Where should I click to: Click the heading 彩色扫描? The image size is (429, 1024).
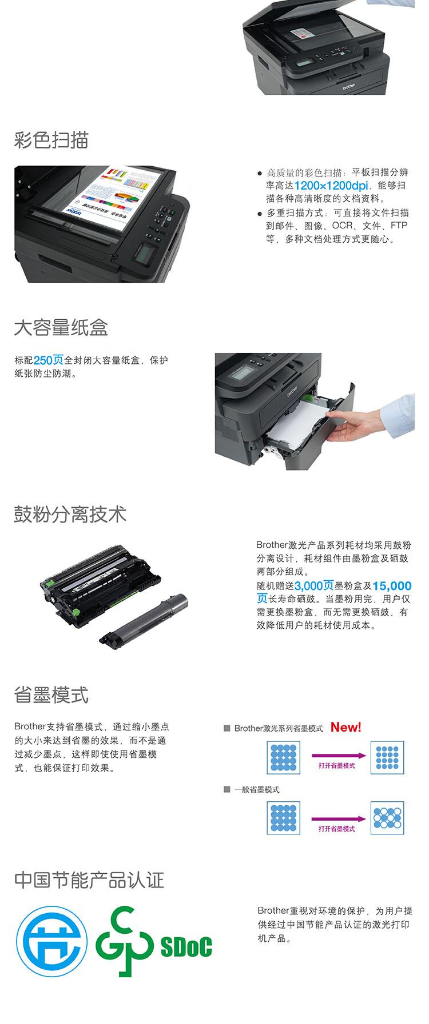point(51,140)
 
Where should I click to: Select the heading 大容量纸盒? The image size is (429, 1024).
point(61,328)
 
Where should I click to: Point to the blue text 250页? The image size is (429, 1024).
point(49,360)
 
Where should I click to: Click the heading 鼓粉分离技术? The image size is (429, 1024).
point(70,515)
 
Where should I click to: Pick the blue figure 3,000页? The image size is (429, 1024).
point(314,586)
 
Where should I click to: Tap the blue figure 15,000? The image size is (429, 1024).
point(392,586)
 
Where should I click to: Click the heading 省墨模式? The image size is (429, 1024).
point(51,696)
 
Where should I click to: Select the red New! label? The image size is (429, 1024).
point(346,727)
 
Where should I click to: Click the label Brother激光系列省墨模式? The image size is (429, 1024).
point(278,728)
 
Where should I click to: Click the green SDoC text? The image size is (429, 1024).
point(186,947)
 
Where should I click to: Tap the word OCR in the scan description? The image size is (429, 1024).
point(342,226)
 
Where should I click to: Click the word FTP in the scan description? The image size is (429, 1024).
point(399,226)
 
